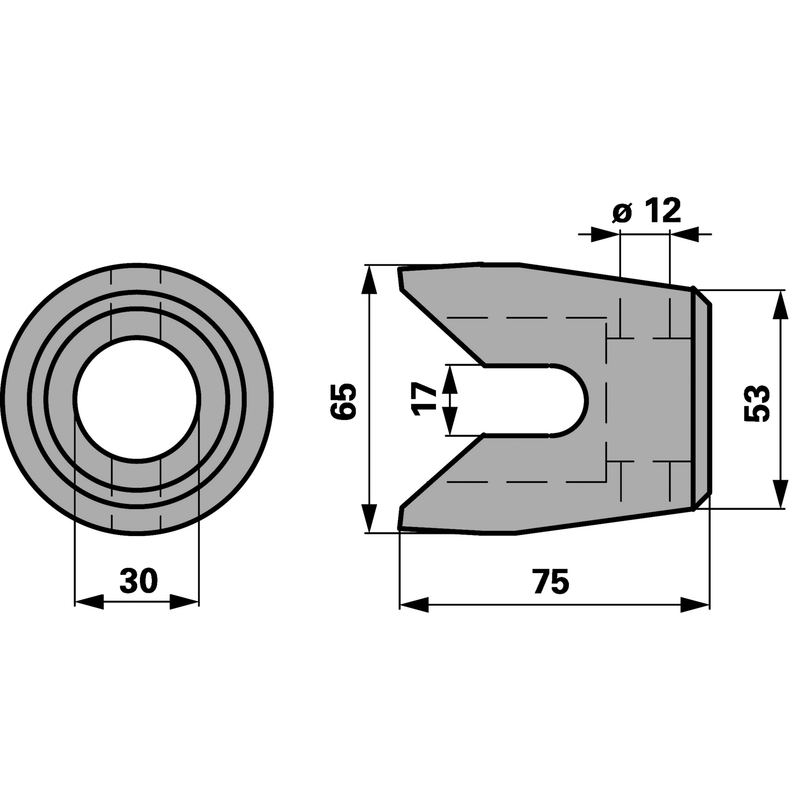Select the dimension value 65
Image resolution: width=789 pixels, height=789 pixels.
[343, 401]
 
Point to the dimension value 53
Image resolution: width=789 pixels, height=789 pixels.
[757, 403]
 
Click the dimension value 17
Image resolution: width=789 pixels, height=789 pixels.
[426, 399]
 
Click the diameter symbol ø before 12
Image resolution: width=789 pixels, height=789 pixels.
[622, 213]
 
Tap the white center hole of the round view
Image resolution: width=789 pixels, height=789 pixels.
[137, 399]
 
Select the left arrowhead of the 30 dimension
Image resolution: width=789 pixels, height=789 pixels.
[89, 602]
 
